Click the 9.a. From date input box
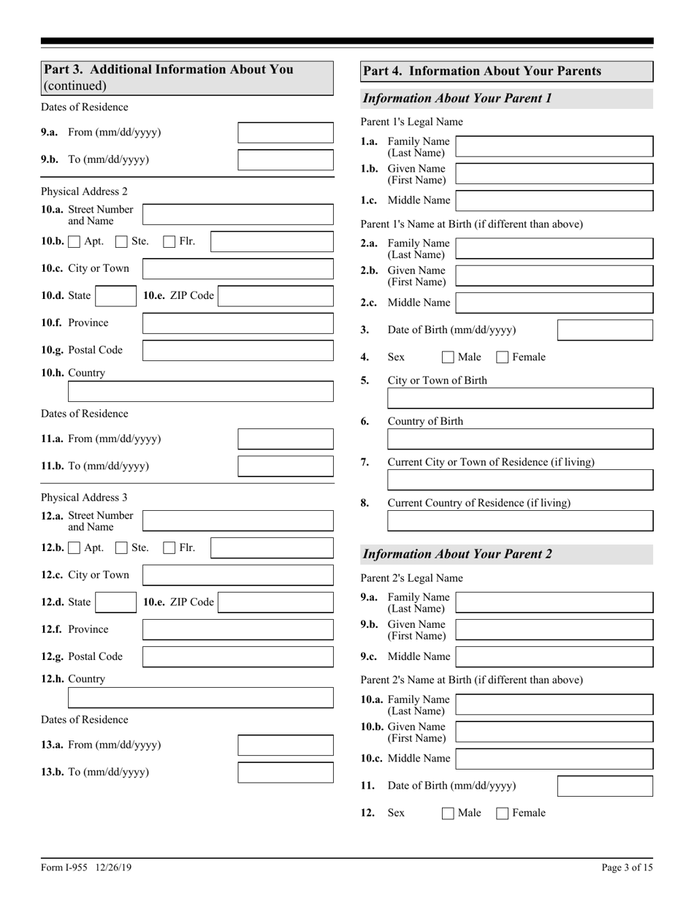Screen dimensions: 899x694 click(286, 132)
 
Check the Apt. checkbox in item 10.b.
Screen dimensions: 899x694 click(75, 241)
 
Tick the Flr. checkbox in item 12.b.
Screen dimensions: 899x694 click(169, 547)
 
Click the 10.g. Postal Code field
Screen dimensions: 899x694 click(237, 350)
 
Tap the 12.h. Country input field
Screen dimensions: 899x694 click(200, 698)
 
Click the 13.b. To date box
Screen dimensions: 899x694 click(286, 773)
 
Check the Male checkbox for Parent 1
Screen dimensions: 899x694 click(448, 357)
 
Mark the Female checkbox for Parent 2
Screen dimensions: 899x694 click(503, 813)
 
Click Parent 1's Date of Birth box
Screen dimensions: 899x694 click(605, 330)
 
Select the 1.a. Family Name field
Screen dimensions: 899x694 click(554, 146)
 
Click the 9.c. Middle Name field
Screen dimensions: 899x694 click(554, 656)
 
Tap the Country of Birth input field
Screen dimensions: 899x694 click(519, 439)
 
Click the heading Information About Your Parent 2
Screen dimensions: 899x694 click(457, 554)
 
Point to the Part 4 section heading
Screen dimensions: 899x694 click(482, 71)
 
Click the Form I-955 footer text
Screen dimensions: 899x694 click(86, 868)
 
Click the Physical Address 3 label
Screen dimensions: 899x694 click(84, 498)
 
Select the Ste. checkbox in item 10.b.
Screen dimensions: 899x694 click(122, 241)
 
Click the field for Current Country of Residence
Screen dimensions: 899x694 click(519, 521)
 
